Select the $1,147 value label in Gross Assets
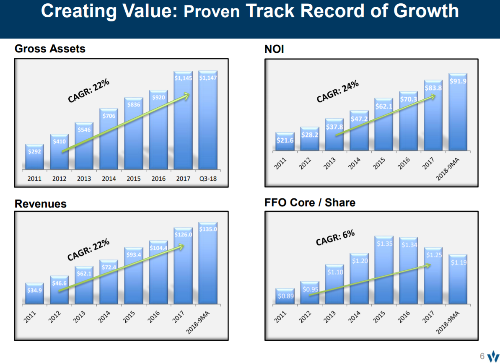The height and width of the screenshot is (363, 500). point(208,78)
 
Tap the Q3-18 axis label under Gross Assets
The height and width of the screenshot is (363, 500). point(208,179)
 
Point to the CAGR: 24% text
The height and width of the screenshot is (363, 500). point(337,91)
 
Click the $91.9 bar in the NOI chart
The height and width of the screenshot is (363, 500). point(458,113)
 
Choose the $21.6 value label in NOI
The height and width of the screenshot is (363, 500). point(285,140)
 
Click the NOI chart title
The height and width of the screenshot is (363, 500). point(274,49)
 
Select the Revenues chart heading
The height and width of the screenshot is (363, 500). point(40,204)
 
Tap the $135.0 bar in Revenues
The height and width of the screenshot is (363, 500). point(208,264)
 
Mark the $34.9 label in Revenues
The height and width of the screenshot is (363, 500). point(34,290)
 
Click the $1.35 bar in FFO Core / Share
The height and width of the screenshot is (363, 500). point(384,270)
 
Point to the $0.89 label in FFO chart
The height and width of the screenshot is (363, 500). point(285,296)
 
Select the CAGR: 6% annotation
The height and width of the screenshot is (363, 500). point(335,238)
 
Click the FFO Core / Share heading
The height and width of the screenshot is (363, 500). point(310,203)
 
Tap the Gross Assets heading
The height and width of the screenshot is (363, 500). point(50,49)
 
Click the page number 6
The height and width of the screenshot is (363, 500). point(482,356)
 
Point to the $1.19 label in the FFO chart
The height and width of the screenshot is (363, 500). point(459,263)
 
